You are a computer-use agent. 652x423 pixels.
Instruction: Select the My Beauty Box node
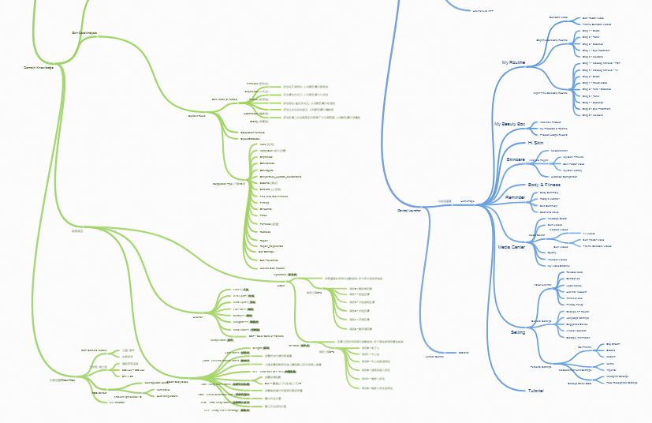[x=509, y=125]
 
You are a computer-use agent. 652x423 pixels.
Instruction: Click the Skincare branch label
[x=516, y=159]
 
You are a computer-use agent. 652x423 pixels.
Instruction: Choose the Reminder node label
[x=516, y=197]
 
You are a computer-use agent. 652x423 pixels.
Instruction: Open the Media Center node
[x=512, y=247]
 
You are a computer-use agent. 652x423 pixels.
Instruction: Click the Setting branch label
[x=518, y=332]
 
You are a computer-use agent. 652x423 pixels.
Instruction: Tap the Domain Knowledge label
[x=39, y=67]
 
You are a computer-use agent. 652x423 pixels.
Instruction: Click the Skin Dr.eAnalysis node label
[x=84, y=33]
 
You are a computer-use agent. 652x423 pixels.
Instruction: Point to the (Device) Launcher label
[x=412, y=211]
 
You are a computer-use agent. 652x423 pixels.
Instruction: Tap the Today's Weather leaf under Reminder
[x=550, y=198]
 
